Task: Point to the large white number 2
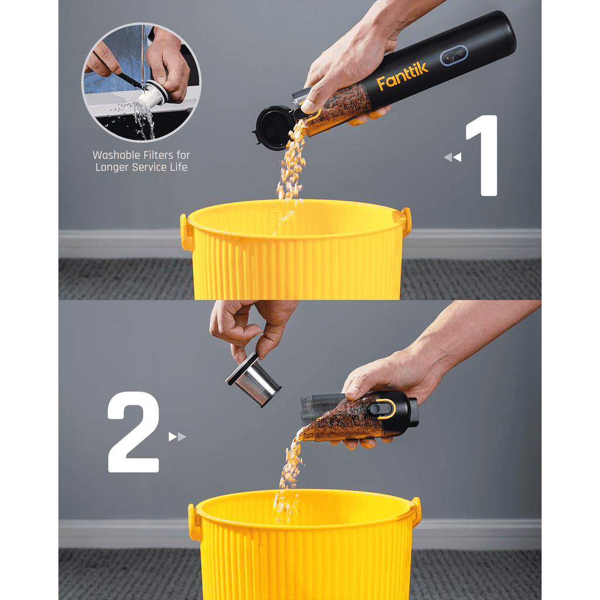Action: (134, 432)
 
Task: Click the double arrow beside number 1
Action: (452, 157)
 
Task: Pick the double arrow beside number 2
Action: (177, 437)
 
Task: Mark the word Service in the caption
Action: (154, 168)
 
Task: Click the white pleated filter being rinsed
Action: (151, 97)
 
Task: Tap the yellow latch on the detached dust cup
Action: (386, 408)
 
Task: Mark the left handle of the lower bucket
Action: (195, 523)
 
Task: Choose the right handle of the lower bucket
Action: (416, 511)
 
